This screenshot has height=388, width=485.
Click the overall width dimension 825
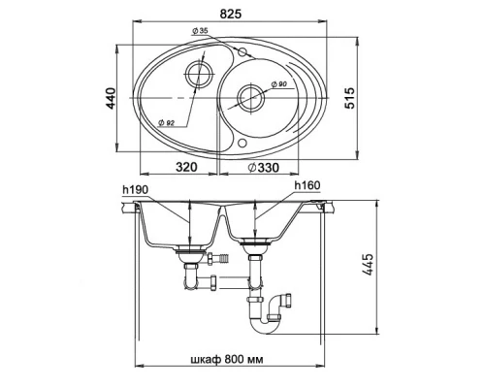point(231,14)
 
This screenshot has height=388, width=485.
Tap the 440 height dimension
point(111,98)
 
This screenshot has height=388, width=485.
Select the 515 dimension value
point(349,98)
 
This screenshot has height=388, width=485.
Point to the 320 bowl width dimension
point(186,167)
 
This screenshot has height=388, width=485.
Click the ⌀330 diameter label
point(263,168)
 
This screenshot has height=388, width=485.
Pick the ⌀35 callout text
point(200,31)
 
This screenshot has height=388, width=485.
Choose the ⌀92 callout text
point(167,122)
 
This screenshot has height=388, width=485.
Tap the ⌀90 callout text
point(279,84)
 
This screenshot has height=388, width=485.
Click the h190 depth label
point(136,190)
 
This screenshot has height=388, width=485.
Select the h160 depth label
point(307,185)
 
